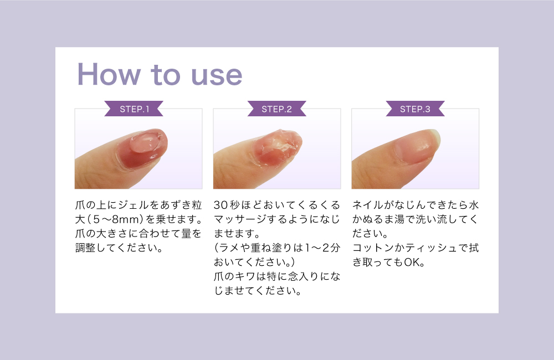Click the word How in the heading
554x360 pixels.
pyautogui.click(x=109, y=74)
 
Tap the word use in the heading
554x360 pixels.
pyautogui.click(x=217, y=76)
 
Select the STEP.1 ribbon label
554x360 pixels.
pyautogui.click(x=134, y=109)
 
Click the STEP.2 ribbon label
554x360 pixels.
pyautogui.click(x=276, y=109)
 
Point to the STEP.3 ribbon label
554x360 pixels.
pyautogui.click(x=415, y=109)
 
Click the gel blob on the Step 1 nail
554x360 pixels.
pyautogui.click(x=145, y=141)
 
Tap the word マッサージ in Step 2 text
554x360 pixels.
pyautogui.click(x=240, y=219)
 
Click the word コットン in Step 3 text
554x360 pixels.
pyautogui.click(x=373, y=248)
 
